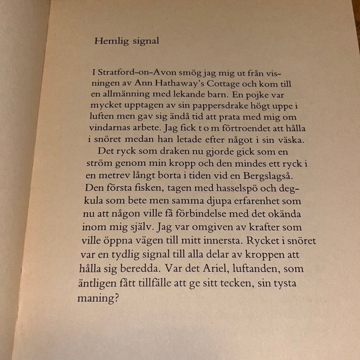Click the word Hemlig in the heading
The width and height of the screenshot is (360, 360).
tap(106, 41)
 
